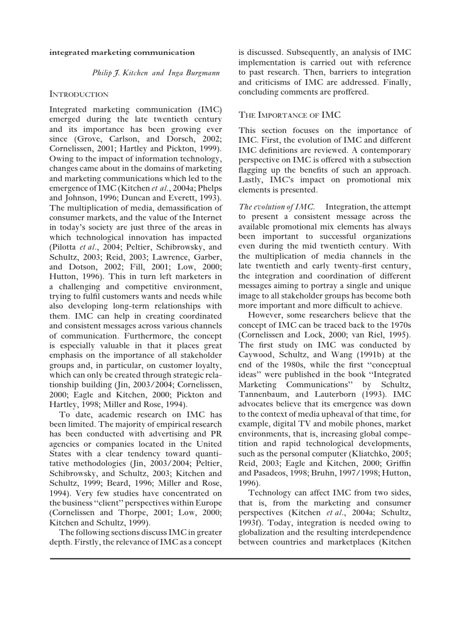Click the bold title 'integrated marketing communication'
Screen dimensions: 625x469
tap(122, 52)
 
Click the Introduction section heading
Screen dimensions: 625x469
tap(79, 95)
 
